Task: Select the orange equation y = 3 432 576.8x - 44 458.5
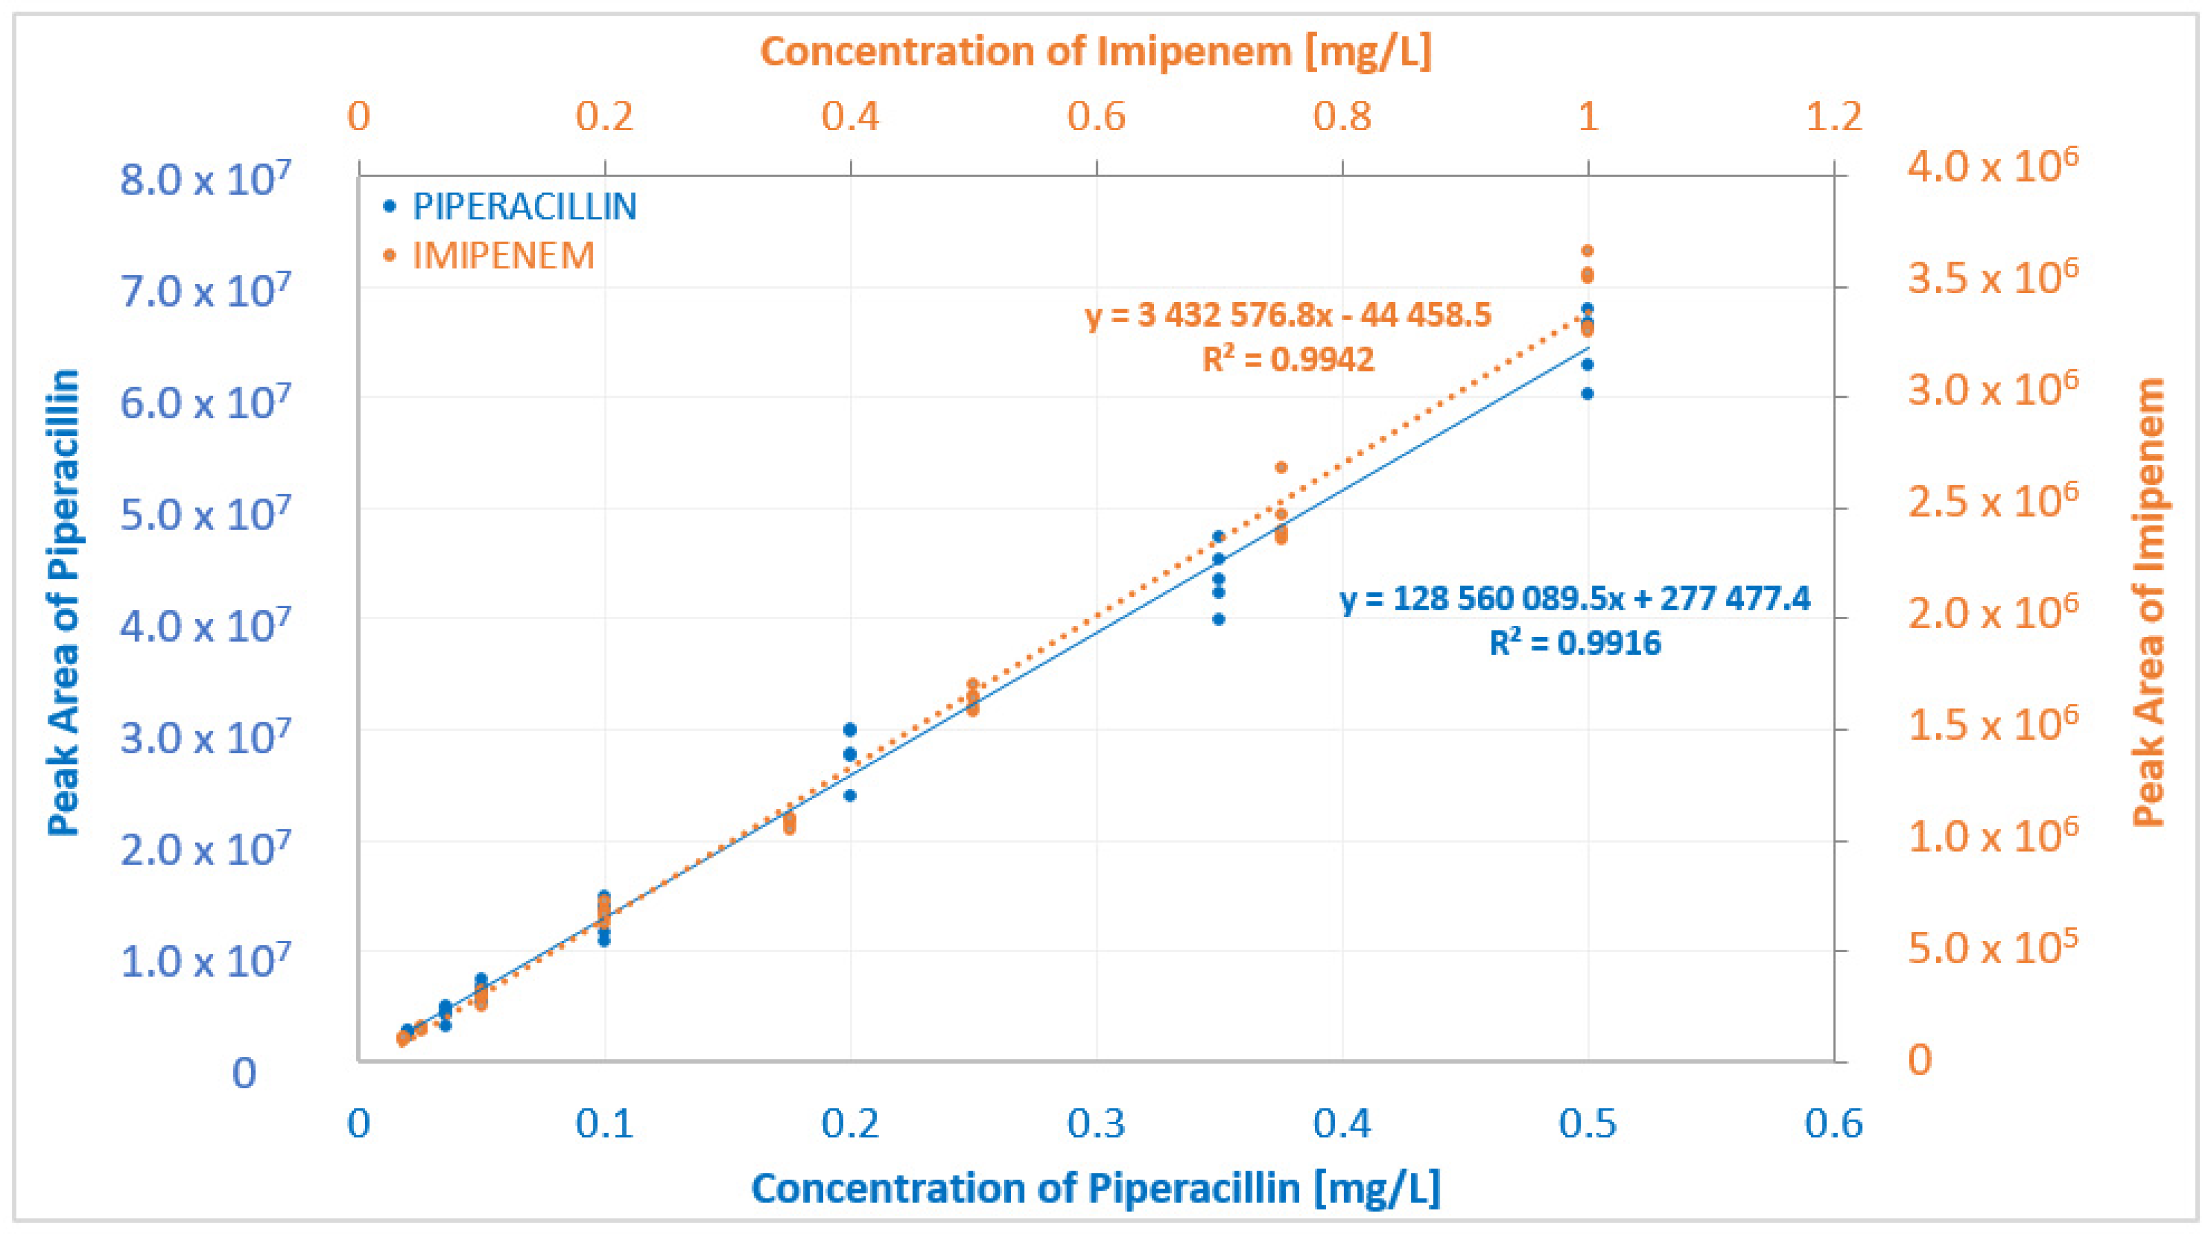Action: point(1288,315)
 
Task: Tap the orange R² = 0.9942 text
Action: point(1288,359)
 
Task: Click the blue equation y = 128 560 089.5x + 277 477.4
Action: point(1575,598)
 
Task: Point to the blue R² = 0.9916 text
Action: point(1575,642)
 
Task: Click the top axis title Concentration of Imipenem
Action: point(1096,52)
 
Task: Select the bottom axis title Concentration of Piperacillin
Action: point(1096,1188)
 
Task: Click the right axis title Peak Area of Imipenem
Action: point(2149,602)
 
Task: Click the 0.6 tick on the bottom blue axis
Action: point(1834,1123)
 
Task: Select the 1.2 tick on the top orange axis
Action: point(1834,115)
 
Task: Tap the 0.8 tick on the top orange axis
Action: point(1342,115)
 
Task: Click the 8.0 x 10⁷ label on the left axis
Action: point(205,180)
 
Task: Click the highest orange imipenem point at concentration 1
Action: point(1587,250)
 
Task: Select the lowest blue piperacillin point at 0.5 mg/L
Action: point(1587,393)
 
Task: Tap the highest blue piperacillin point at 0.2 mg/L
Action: point(850,729)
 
